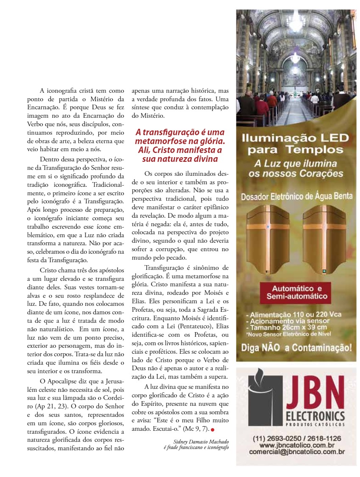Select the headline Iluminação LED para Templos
[295, 144]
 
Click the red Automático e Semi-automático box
[296, 292]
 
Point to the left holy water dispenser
[266, 239]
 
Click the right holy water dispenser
[324, 239]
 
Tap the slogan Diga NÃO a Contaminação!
[296, 348]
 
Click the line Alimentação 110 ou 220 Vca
[293, 315]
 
